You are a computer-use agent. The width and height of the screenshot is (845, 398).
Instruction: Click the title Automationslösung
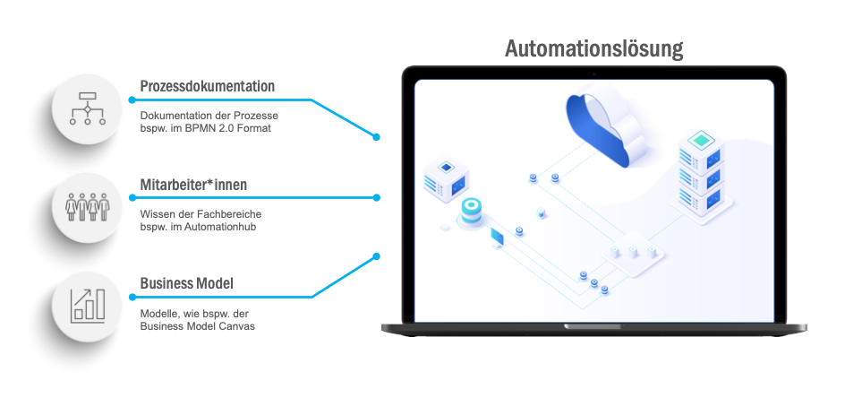click(593, 49)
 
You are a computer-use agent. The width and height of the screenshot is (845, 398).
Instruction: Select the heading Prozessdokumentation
click(208, 86)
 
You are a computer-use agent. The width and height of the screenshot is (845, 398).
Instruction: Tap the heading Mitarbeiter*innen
click(193, 185)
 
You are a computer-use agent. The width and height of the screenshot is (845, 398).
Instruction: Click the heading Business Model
click(186, 283)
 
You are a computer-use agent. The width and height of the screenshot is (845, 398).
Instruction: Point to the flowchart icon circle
click(88, 108)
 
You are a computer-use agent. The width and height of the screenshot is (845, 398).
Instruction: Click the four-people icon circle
click(88, 207)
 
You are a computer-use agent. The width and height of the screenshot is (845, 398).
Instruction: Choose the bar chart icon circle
click(88, 307)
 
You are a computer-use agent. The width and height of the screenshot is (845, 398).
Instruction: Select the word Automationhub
click(220, 227)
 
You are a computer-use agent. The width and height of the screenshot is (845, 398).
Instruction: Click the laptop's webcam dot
click(593, 74)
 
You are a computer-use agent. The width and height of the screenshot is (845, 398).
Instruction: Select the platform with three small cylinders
click(633, 254)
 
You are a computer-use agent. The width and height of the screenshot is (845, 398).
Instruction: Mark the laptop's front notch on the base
click(593, 326)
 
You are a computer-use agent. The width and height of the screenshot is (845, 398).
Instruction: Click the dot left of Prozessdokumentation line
click(132, 99)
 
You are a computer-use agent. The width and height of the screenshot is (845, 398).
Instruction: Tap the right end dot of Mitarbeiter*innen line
click(377, 197)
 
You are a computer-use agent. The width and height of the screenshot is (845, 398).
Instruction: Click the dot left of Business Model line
click(132, 297)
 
